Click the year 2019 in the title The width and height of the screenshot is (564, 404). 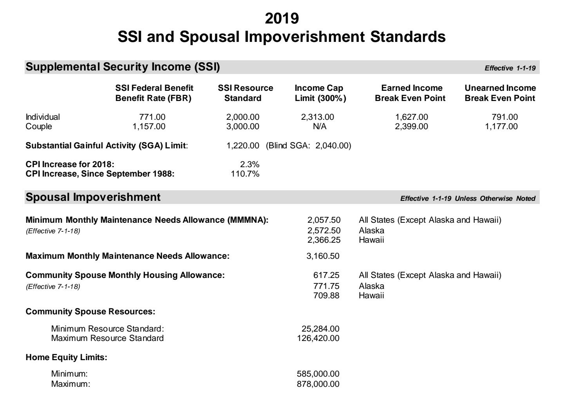tap(282, 18)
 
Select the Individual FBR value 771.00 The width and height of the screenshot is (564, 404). tap(152, 117)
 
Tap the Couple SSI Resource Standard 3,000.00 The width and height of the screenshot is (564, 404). tap(243, 126)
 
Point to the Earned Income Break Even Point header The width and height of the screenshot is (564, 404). tap(410, 93)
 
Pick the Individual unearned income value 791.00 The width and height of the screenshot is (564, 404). tap(504, 117)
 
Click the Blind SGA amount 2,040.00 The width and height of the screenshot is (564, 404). tap(333, 146)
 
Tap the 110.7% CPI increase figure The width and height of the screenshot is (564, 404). tap(245, 174)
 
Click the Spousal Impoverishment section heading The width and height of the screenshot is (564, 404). tap(93, 197)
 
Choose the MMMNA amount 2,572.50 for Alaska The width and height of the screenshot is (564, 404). tap(324, 230)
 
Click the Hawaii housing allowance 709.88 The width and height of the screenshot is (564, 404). tap(326, 295)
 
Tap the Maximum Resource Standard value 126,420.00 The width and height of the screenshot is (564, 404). tap(318, 338)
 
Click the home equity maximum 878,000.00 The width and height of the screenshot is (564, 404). tap(318, 384)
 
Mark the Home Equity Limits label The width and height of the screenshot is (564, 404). tap(66, 357)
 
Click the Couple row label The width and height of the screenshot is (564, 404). tap(38, 126)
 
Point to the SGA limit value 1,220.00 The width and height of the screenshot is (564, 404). tap(243, 146)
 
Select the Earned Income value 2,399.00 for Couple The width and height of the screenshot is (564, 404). tap(411, 126)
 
